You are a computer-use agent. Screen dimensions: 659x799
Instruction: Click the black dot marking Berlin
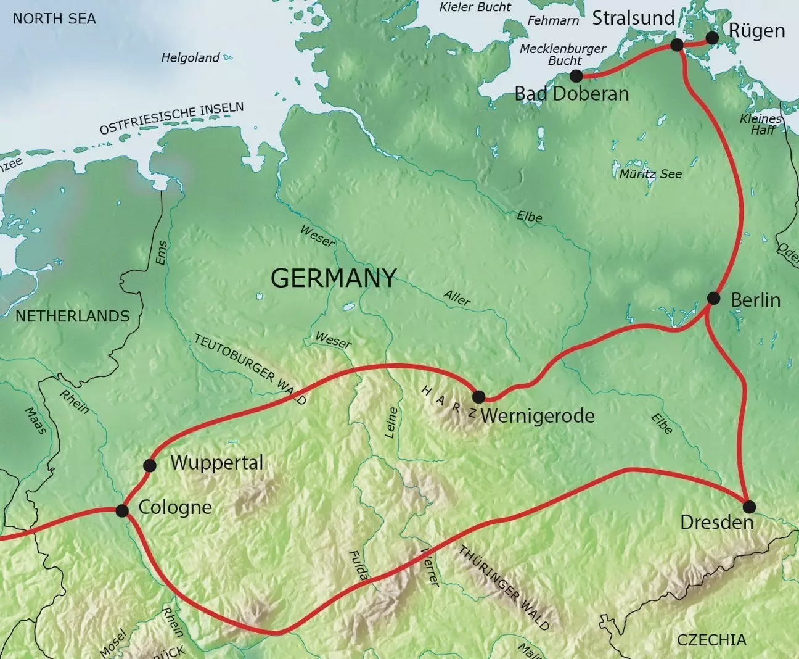coord(713,299)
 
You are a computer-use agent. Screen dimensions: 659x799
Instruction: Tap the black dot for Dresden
coord(748,507)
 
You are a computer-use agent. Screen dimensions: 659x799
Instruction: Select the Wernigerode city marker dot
coord(478,397)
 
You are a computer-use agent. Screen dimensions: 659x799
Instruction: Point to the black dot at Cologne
coord(122,511)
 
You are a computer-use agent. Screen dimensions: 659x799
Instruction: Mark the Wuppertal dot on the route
coord(149,465)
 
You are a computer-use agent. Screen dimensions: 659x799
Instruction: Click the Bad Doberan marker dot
coord(576,76)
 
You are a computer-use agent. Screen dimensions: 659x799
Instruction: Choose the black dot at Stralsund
coord(676,45)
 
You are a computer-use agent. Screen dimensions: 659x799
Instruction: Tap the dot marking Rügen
coord(712,38)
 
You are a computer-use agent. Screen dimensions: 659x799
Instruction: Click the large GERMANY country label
coord(334,278)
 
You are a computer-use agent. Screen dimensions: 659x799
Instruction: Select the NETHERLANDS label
coord(73,316)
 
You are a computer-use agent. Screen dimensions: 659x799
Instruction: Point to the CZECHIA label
coord(711,640)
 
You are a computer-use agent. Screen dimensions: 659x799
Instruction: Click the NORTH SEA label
coord(54,19)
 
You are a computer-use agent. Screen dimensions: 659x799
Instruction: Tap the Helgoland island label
coord(191,58)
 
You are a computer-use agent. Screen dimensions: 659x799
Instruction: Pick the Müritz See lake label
coord(651,174)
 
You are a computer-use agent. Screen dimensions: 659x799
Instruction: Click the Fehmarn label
coord(553,20)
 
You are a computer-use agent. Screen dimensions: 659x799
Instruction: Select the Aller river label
coord(457,299)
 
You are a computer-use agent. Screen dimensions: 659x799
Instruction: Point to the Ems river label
coord(162,253)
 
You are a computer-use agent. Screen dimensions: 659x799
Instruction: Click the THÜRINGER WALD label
coord(504,587)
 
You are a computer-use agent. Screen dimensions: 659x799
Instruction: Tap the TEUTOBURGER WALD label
coord(250,370)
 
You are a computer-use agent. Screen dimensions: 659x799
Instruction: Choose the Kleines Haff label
coord(762,124)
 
